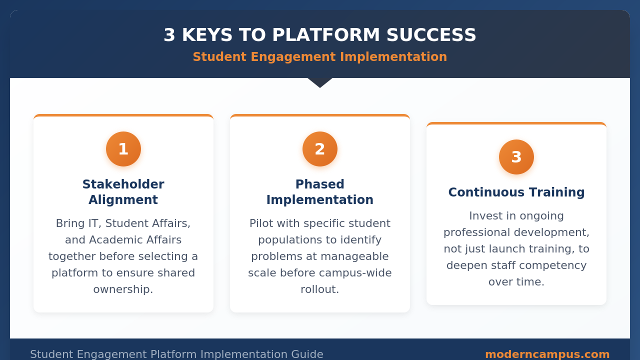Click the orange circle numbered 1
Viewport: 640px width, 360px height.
(x=123, y=149)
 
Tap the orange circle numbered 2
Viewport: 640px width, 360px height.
(x=320, y=149)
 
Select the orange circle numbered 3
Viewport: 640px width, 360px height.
(x=516, y=157)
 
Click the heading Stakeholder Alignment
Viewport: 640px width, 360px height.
(x=123, y=192)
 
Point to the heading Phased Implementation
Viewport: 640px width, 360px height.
(x=320, y=192)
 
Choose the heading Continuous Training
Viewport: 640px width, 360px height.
(x=516, y=192)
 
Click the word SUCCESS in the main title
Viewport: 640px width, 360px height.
(x=431, y=35)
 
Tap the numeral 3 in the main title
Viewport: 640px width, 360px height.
(x=169, y=35)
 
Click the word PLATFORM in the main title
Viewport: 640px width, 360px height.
(x=326, y=35)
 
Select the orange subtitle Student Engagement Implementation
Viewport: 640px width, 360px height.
(x=320, y=56)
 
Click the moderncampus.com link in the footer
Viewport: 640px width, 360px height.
(x=547, y=354)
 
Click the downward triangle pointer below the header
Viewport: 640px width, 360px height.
(x=320, y=82)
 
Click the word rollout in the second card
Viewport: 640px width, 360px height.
(x=318, y=289)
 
